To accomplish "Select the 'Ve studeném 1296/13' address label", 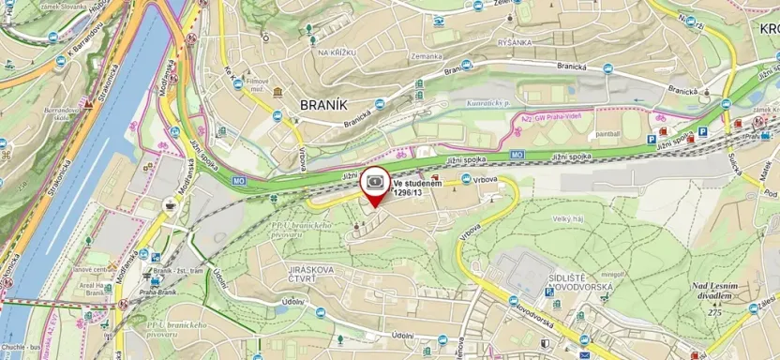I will tap(417, 187).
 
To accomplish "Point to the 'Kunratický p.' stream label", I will tap(487, 103).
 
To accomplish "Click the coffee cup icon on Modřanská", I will tap(170, 204).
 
